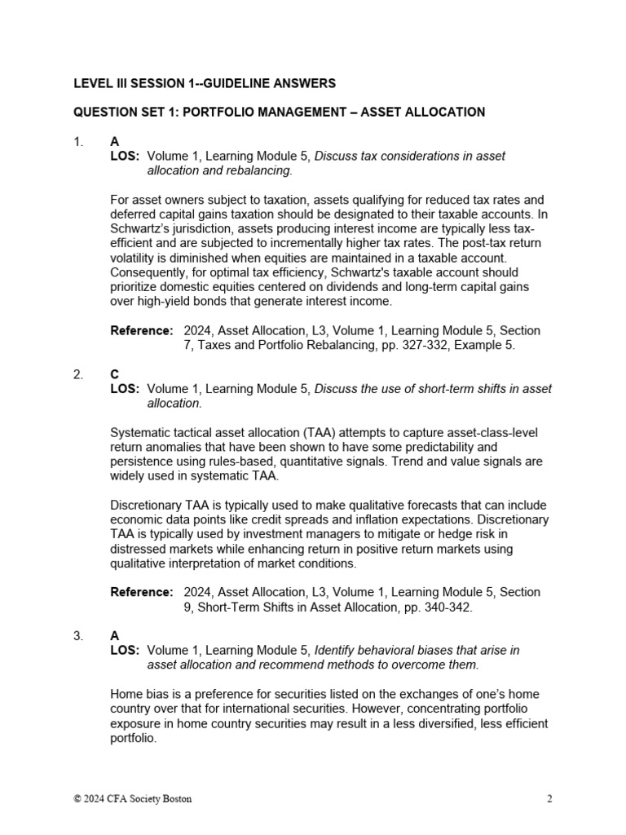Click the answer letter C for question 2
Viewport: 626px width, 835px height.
click(x=115, y=374)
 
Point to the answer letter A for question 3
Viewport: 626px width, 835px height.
click(x=115, y=636)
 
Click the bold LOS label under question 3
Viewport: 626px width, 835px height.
click(x=125, y=650)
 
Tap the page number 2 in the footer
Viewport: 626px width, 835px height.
click(x=549, y=799)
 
